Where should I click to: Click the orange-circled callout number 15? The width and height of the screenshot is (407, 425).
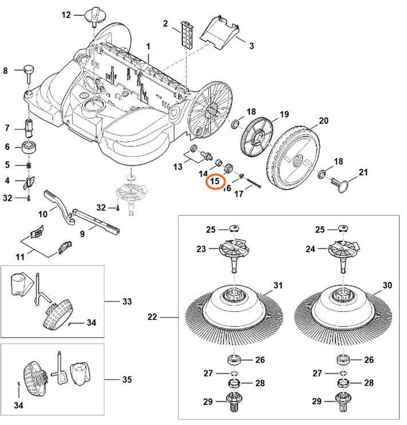pos(216,182)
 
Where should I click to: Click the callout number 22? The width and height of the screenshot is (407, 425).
pos(152,316)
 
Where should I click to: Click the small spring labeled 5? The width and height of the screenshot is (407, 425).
pos(26,165)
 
